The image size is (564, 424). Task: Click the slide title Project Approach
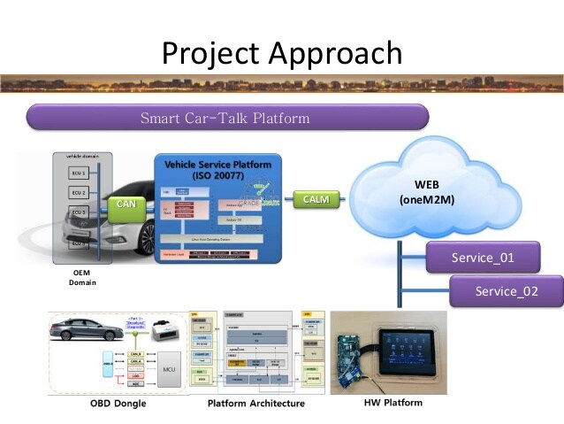tap(282, 53)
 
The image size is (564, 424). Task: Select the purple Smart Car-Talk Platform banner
tap(228, 118)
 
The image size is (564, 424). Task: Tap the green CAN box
tap(126, 204)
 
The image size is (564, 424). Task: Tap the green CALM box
tap(316, 199)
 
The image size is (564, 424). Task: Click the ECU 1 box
tap(79, 173)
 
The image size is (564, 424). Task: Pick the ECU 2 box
tap(79, 193)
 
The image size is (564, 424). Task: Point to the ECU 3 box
tap(79, 213)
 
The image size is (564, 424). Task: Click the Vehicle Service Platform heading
tap(217, 167)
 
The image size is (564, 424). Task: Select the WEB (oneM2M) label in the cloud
tap(426, 192)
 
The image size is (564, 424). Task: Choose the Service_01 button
tap(482, 258)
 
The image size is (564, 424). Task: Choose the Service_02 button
tap(506, 291)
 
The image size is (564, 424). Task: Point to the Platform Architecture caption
tap(255, 404)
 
